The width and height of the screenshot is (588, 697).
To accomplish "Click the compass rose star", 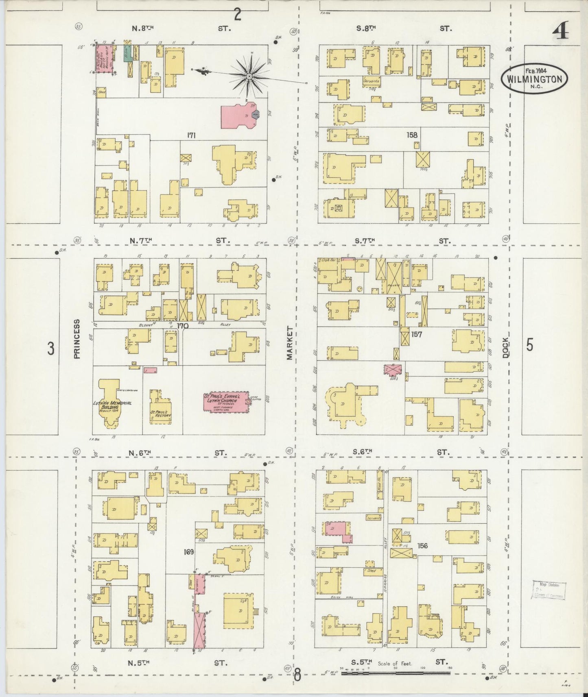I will point(249,76).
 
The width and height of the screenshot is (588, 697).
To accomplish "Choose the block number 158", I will point(412,135).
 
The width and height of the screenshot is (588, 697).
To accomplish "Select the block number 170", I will point(183,326).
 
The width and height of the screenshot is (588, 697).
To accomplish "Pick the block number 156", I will point(422,546).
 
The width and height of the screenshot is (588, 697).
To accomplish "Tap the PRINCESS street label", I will point(77,338).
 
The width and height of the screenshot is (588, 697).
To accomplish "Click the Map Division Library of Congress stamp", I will point(549,590).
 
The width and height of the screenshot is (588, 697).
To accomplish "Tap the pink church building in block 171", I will point(238,115).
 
